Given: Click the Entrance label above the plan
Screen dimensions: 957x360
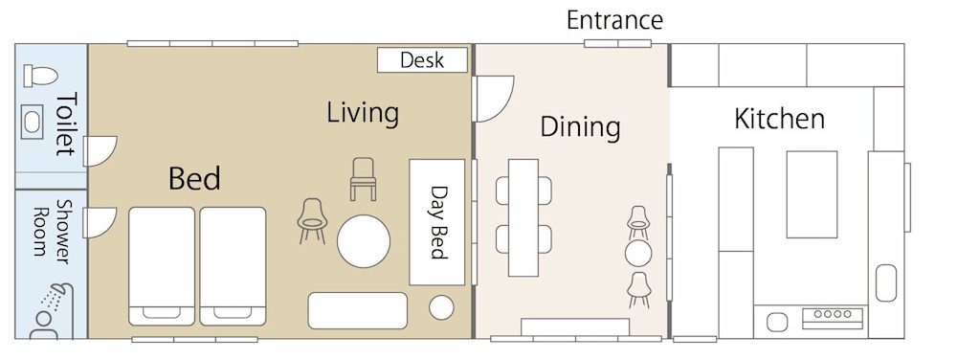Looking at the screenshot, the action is pos(614,21).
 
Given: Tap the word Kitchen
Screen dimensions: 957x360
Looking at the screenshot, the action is pos(779,119).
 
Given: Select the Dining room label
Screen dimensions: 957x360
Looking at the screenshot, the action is pos(581,127).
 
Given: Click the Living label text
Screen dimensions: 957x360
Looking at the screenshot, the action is pos(363,113).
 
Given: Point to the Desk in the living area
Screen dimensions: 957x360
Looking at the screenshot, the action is pos(422,59).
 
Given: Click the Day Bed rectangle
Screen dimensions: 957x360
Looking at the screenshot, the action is pos(437,222).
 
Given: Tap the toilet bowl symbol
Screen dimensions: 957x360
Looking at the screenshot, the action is pos(40,76).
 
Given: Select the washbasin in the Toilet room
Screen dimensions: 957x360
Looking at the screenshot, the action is pos(32,121).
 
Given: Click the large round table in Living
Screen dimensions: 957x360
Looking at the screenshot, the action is pos(364,241).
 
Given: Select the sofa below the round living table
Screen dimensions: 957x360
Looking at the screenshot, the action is pos(357,310).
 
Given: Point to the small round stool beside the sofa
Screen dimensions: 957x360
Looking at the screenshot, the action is pos(441,307).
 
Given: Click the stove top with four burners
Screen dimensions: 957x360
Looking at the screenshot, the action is pos(833,315).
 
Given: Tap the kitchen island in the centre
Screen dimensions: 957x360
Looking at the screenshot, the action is pos(812,194).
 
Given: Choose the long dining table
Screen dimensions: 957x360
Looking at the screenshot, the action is pos(523,218).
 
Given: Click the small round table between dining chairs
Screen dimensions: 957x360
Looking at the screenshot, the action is pos(638,253).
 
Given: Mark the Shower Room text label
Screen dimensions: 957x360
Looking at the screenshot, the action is pos(51,231).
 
